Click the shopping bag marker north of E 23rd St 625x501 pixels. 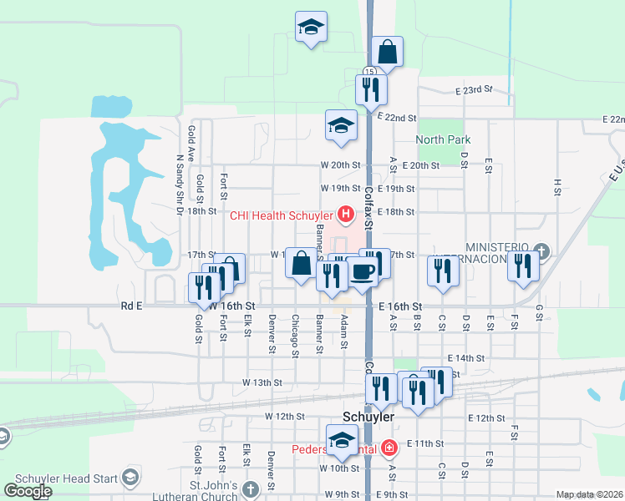pos(388,52)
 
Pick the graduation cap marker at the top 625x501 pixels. pos(311,27)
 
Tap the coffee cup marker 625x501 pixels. pos(363,271)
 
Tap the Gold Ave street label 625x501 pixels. pos(191,143)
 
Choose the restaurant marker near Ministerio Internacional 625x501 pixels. pos(523,266)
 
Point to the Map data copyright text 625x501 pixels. pos(590,494)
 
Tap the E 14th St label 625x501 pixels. pos(465,357)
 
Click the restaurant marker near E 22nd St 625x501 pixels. pos(370,89)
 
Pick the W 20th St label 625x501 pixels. pos(340,165)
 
